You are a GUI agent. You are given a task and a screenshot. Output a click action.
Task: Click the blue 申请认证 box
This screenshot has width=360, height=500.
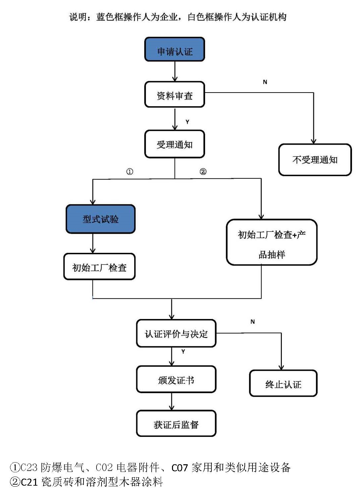[x=174, y=49]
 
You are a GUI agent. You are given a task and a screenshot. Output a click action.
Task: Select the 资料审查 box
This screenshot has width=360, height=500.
[x=174, y=95]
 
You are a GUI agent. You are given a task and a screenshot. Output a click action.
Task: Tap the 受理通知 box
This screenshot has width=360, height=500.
[x=174, y=144]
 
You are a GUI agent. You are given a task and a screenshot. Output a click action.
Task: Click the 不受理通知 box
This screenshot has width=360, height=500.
[x=315, y=160]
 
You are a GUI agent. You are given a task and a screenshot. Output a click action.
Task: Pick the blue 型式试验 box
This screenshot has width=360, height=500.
[x=101, y=219]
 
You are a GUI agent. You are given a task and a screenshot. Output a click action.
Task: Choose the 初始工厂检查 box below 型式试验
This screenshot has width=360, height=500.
[x=99, y=267]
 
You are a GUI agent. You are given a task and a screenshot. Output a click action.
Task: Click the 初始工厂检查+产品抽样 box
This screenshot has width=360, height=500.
[x=272, y=242]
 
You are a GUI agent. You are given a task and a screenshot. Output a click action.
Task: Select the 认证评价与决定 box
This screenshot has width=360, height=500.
[x=176, y=333]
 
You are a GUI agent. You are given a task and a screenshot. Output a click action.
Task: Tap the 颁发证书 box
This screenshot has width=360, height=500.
[x=176, y=379]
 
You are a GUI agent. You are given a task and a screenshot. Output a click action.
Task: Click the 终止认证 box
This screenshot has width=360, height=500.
[x=283, y=383]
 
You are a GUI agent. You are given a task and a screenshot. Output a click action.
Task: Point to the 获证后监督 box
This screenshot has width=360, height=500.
[x=176, y=424]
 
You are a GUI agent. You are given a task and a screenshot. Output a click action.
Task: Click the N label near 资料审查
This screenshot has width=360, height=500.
[x=265, y=82]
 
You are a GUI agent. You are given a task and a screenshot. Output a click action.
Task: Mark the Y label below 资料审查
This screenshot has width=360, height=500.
[x=187, y=122]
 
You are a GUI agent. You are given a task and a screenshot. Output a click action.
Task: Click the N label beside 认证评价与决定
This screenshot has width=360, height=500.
[x=252, y=322]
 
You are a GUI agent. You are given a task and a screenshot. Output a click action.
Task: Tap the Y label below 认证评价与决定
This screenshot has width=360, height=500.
[x=183, y=352]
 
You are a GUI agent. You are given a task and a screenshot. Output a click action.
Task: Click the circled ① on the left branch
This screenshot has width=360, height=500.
[x=130, y=172]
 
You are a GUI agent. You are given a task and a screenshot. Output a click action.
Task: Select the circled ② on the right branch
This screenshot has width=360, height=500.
[x=203, y=172]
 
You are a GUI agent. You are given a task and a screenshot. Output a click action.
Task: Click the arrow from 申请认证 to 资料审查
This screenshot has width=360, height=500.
[x=175, y=71]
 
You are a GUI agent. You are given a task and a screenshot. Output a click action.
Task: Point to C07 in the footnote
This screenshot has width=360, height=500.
[x=180, y=468]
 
